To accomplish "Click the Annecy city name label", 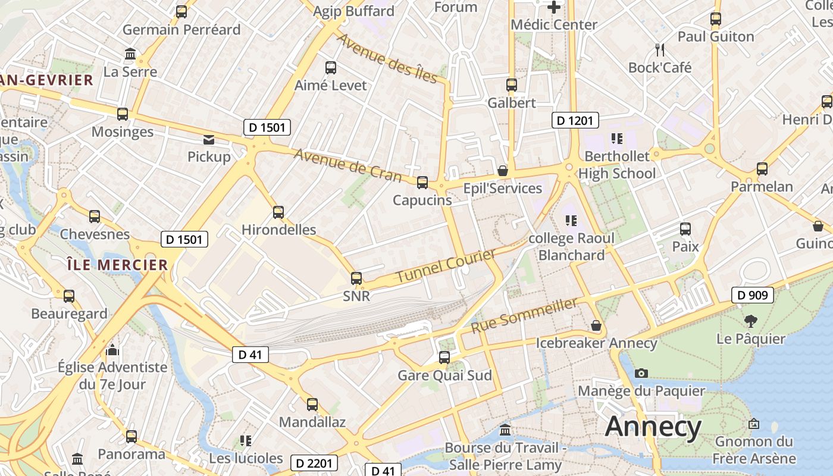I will tap(653, 427).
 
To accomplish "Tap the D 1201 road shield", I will tap(574, 121).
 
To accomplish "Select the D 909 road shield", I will tap(752, 295).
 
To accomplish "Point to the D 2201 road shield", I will tap(315, 463).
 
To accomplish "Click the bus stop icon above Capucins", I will tap(422, 182).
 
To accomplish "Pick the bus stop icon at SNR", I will tap(356, 278).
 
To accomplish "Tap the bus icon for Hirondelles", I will tap(278, 212).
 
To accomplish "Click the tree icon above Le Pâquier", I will tap(750, 321).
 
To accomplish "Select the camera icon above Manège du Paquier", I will tap(641, 373).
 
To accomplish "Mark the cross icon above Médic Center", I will tap(554, 7).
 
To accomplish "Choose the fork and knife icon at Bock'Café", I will tap(659, 49).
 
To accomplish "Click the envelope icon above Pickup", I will tap(209, 140).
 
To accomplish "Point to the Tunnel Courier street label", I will tap(446, 266).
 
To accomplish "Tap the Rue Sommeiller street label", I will tap(524, 316).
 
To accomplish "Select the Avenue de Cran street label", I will tap(348, 165).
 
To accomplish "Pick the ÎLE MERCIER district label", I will tap(117, 265).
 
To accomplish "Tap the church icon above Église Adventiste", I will tap(112, 350).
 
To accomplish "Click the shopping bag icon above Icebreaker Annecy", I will tap(596, 326).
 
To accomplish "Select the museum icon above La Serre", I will tap(130, 55).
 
